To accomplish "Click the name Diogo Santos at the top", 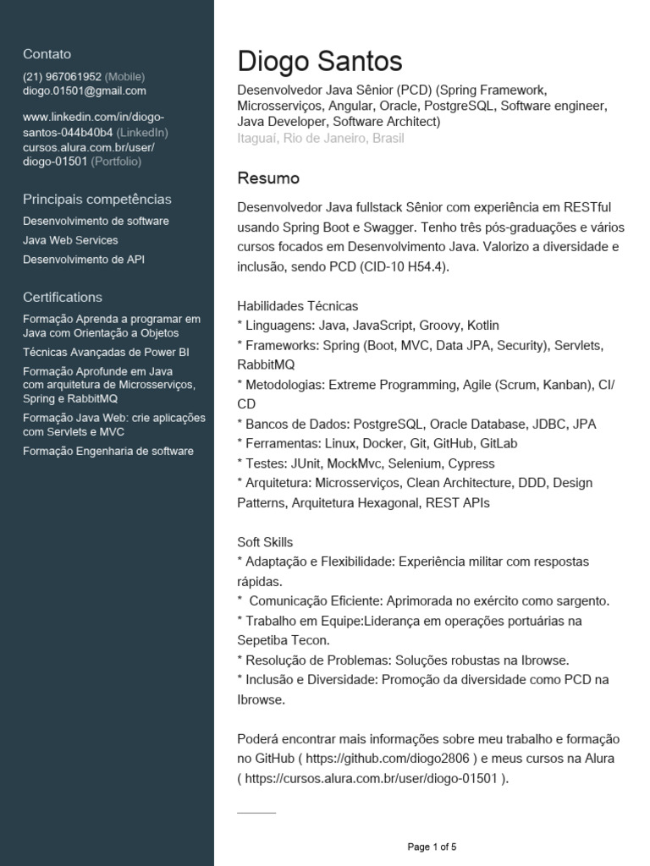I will [x=320, y=61].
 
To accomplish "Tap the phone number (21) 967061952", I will [x=62, y=76].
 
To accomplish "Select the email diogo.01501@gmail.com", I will [x=85, y=90].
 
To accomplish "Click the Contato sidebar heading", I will [x=47, y=53].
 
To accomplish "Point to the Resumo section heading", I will [x=268, y=178].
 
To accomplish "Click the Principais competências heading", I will [x=97, y=200].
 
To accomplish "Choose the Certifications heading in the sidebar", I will [x=63, y=297].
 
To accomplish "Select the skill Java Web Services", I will [x=70, y=240].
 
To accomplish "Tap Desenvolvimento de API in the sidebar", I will [x=84, y=260].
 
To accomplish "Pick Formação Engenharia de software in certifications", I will [x=108, y=451].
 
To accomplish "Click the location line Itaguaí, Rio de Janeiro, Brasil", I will [x=321, y=138].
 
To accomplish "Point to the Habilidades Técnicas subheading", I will [x=298, y=306].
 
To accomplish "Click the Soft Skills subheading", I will [x=266, y=542].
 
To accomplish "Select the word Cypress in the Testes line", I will [x=471, y=463].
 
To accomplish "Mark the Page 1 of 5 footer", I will [x=432, y=847].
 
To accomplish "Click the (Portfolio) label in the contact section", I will [x=117, y=161].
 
